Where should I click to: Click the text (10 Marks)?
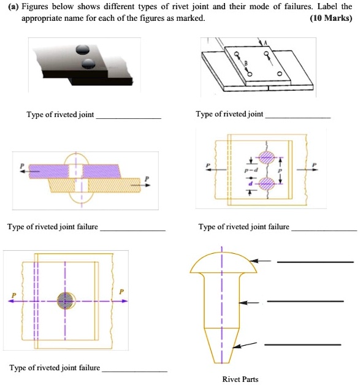[x=331, y=18]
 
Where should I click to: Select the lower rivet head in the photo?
[x=89, y=63]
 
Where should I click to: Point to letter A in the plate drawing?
[x=266, y=42]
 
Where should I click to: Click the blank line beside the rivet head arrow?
[x=315, y=262]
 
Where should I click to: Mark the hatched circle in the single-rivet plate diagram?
[x=64, y=300]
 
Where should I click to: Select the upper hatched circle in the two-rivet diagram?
[x=266, y=157]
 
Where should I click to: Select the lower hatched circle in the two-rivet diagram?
[x=266, y=183]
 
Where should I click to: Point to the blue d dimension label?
[x=249, y=182]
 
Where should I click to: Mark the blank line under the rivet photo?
[x=129, y=116]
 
